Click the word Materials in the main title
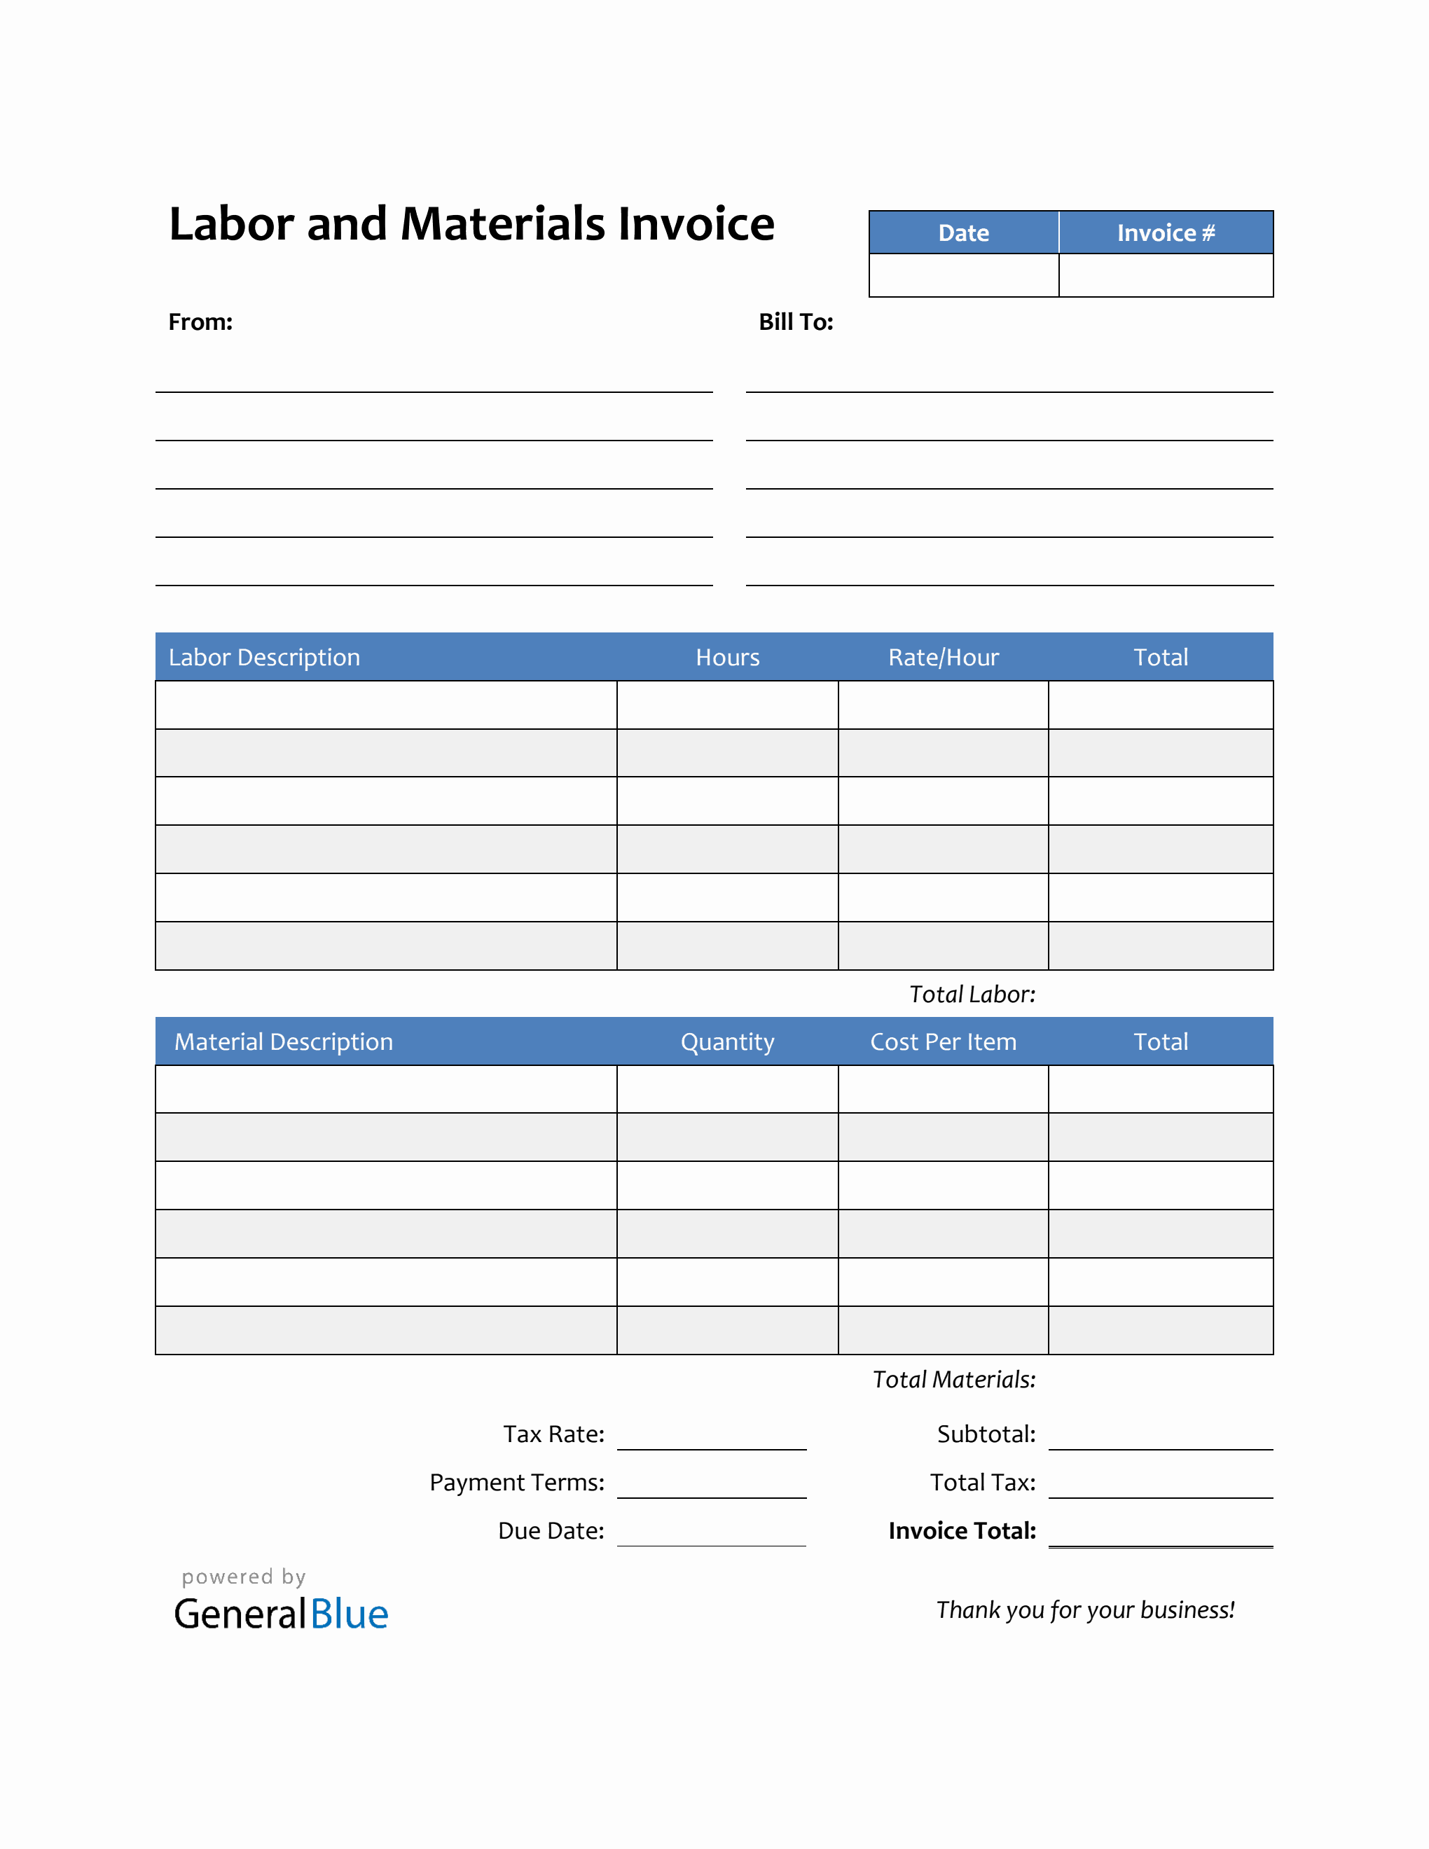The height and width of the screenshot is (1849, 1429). point(502,224)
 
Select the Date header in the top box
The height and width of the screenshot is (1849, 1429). point(963,233)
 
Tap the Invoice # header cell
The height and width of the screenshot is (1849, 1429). point(1166,233)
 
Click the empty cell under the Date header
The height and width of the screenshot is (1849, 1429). point(963,276)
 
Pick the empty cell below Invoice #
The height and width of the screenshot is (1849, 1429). point(1166,276)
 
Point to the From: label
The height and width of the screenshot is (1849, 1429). point(200,323)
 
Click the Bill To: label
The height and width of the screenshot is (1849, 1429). point(796,323)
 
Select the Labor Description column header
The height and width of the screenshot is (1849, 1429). point(264,658)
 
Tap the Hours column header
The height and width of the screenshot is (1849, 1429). point(727,658)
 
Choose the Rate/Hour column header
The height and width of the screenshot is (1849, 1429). point(943,658)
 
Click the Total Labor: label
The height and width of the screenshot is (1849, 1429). point(972,995)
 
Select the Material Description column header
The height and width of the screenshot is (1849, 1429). point(284,1042)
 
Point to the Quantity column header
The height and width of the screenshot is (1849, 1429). point(727,1042)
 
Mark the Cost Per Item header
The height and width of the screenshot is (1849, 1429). point(943,1042)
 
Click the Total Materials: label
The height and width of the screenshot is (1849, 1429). point(954,1380)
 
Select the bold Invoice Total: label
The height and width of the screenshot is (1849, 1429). point(962,1532)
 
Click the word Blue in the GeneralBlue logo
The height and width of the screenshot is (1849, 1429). point(350,1615)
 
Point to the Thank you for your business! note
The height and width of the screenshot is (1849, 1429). point(1085,1610)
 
